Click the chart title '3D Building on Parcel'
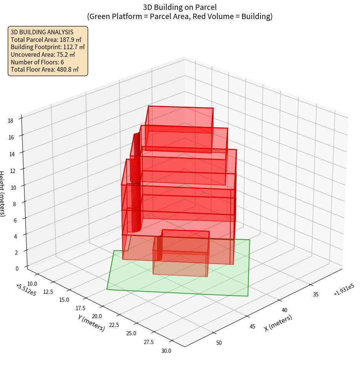click(x=180, y=7)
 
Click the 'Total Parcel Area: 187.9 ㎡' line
click(x=46, y=40)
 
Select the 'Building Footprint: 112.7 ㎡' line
click(x=48, y=47)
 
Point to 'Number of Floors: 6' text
click(x=37, y=62)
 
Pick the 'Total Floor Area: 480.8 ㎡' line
click(x=45, y=69)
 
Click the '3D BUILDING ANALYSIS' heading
click(x=42, y=32)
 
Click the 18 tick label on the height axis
click(x=10, y=121)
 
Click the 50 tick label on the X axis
click(x=219, y=343)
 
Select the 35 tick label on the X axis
click(x=316, y=294)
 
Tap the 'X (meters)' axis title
click(x=278, y=323)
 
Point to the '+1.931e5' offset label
click(x=344, y=292)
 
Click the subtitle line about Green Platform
click(x=180, y=16)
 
